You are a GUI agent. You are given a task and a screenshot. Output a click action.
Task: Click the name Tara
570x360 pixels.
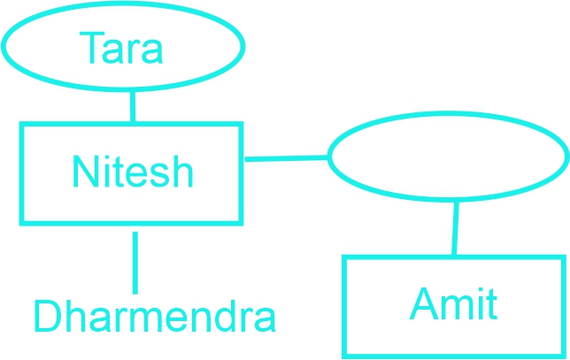tap(120, 48)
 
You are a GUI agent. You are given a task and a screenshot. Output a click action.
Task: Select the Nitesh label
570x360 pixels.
tap(133, 172)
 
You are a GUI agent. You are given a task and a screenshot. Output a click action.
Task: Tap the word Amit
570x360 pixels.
tap(453, 303)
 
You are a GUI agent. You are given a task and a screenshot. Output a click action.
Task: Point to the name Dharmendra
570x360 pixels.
tap(155, 316)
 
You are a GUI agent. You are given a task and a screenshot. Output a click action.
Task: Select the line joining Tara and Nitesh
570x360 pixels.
tap(133, 107)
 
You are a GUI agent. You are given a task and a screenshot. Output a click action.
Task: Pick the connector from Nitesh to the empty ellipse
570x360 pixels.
tap(287, 158)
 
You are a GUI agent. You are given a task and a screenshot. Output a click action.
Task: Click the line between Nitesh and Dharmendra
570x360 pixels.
tap(135, 263)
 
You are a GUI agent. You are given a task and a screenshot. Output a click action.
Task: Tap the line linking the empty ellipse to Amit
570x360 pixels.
tap(455, 228)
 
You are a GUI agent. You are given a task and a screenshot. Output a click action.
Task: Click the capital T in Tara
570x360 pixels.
tap(92, 48)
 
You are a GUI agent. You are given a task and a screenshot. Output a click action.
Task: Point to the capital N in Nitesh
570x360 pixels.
tap(86, 172)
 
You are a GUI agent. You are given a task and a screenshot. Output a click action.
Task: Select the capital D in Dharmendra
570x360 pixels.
tap(48, 316)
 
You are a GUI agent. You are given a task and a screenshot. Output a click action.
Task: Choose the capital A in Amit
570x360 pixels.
tap(424, 303)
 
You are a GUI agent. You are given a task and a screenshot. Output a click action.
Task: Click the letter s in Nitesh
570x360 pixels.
tap(159, 176)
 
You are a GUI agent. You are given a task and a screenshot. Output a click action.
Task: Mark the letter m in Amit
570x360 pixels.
tap(458, 308)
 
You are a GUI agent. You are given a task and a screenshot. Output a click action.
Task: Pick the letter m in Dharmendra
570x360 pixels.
tap(149, 320)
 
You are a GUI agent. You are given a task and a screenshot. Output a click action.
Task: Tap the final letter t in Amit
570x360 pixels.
tap(492, 305)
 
